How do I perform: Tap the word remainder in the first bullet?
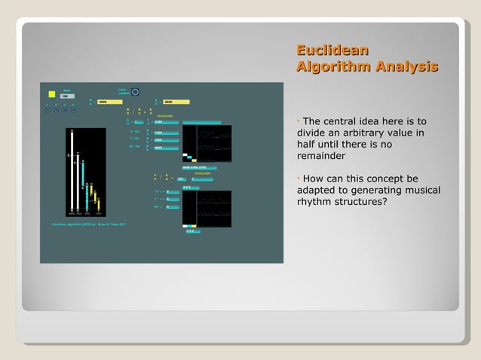tap(321, 157)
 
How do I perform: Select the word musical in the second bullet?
tap(419, 191)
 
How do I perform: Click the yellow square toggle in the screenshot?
tap(51, 94)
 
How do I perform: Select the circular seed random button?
tap(135, 92)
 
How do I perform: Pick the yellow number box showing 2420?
tap(175, 102)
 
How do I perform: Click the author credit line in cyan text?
tap(84, 224)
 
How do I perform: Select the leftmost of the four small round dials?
tap(47, 110)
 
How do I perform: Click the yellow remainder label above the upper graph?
tap(165, 116)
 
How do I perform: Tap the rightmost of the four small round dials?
tap(73, 110)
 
